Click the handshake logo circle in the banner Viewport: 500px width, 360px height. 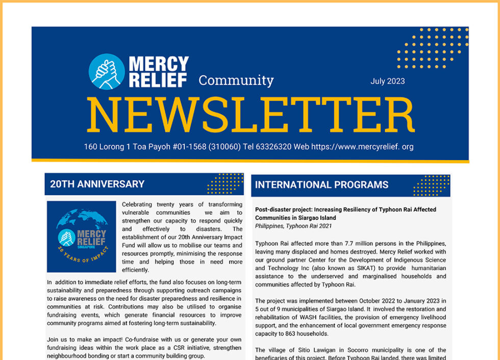107,71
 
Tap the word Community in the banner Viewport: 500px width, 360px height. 236,81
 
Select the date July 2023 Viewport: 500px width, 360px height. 388,81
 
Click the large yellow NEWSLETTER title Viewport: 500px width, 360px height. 250,116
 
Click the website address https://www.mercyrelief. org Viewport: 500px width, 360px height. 362,147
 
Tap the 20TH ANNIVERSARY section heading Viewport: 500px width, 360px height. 97,184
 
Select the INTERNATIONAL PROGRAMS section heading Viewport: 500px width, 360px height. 321,185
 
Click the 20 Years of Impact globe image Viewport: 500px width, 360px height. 81,236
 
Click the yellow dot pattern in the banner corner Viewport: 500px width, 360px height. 432,48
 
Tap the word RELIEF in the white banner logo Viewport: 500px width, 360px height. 158,80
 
